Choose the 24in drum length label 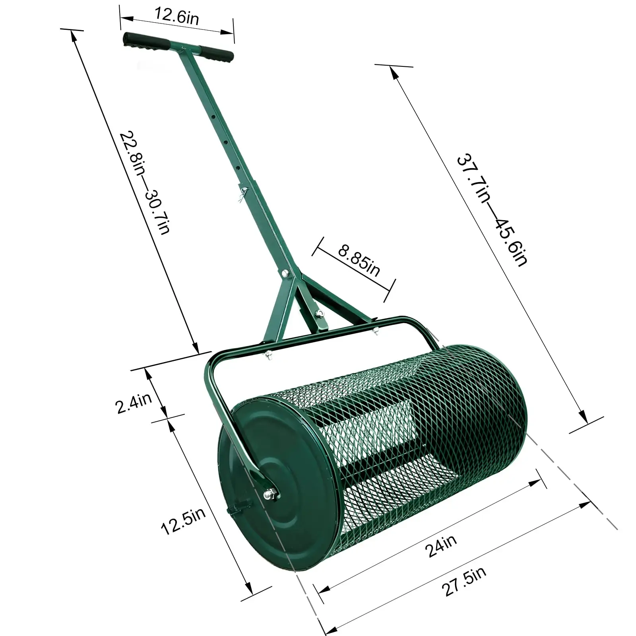coord(441,545)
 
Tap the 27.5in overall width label coord(464,582)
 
